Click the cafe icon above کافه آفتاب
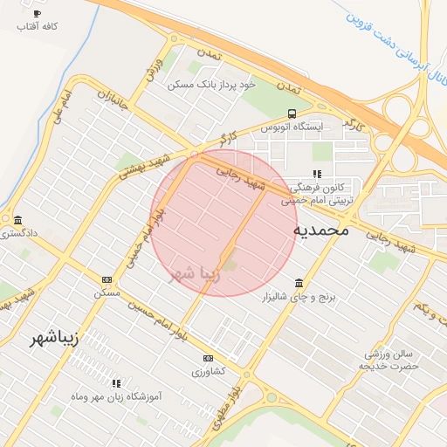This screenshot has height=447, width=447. [36, 14]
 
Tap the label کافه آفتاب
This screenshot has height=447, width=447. [37, 27]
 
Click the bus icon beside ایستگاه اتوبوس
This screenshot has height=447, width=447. [291, 113]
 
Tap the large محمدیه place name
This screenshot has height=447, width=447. [320, 230]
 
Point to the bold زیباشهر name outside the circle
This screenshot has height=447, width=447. [53, 338]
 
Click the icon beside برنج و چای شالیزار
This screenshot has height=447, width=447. [299, 283]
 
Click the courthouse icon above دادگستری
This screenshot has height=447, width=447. [17, 219]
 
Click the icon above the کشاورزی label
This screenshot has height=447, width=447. [208, 358]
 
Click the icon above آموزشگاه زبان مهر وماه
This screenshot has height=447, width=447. [115, 382]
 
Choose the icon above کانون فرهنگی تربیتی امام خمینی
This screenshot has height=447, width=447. [317, 174]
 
